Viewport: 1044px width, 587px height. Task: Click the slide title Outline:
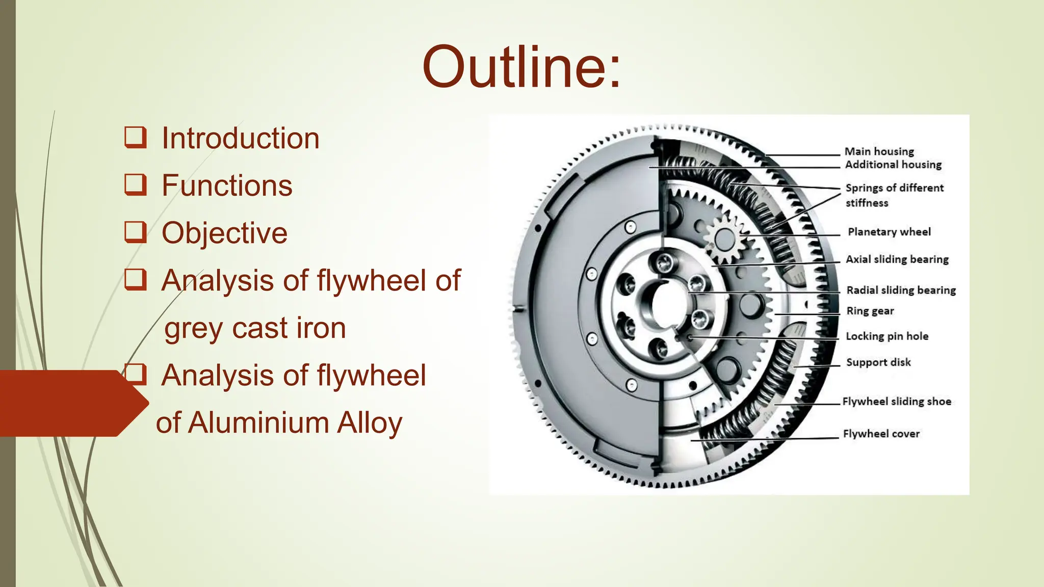pos(521,67)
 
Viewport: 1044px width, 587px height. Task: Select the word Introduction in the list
pos(240,139)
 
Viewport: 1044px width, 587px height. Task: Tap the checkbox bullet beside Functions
pos(136,185)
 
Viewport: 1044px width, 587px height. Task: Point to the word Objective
pos(224,233)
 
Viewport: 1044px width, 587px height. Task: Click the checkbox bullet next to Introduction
pos(136,138)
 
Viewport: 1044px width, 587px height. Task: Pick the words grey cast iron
pos(255,328)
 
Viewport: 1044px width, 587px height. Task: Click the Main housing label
pos(879,151)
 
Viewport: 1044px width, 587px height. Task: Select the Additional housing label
pos(893,165)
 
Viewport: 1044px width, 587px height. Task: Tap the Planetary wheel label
pos(889,232)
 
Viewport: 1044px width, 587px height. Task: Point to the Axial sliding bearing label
pos(897,259)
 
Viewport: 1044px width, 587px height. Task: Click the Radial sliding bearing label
pos(901,290)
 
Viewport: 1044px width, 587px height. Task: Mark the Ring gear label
pos(870,311)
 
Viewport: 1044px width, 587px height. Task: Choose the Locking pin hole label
pos(887,336)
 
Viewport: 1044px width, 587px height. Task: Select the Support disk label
pos(878,362)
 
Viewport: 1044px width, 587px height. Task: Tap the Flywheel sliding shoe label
pos(897,402)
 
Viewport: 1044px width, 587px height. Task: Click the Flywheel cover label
pos(881,434)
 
